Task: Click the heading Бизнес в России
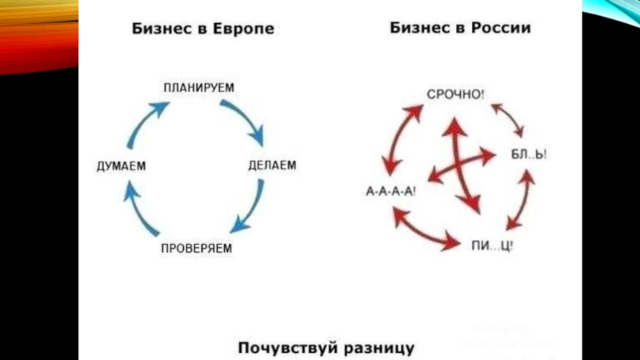460,28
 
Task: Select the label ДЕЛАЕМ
272,166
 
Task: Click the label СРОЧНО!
455,94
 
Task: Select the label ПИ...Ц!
492,245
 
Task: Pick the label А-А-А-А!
391,192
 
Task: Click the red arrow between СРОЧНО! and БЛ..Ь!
508,120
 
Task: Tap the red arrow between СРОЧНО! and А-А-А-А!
401,136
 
